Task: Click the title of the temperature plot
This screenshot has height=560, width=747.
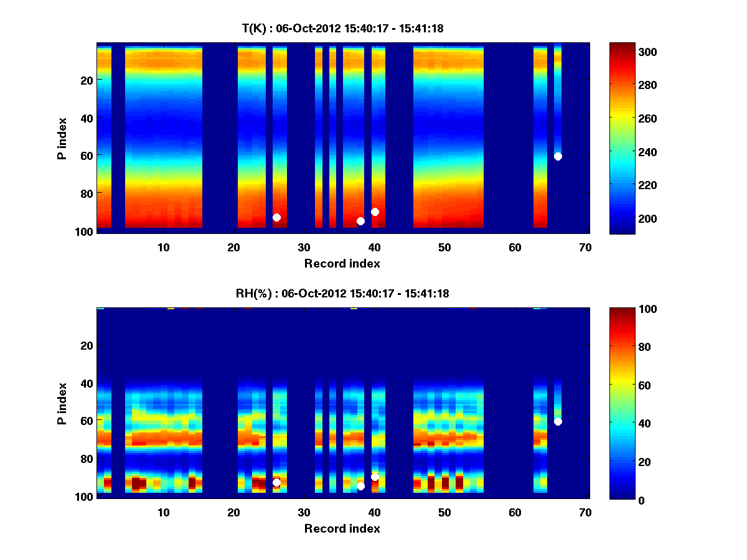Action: pos(342,28)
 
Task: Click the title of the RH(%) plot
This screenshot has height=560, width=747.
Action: pos(342,293)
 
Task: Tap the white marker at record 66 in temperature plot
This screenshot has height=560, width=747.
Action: pos(558,156)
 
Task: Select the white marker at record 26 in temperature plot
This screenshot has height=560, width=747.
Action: pos(276,217)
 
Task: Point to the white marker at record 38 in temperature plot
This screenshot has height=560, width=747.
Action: pos(360,221)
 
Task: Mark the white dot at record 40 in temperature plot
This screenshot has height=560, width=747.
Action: pos(375,212)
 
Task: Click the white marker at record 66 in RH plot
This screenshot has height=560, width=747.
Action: pos(558,421)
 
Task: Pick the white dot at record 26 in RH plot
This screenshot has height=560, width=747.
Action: pos(276,482)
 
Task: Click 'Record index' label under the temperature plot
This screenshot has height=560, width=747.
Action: pos(342,263)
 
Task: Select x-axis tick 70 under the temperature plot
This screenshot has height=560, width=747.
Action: pos(586,247)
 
